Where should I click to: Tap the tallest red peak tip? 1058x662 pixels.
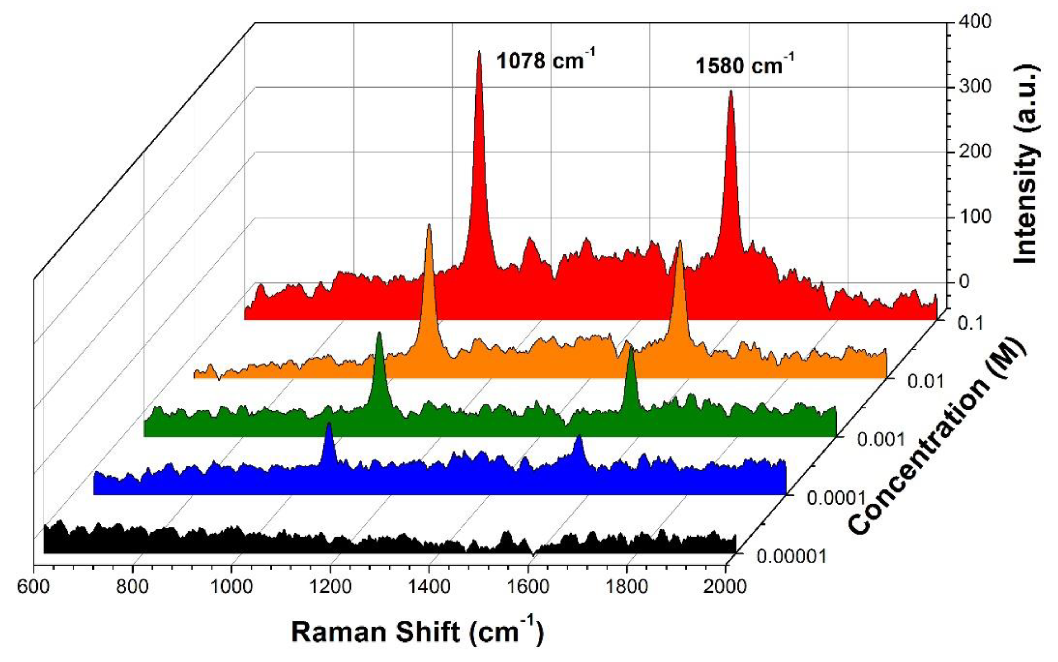pos(479,52)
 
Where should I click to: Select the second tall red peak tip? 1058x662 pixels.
pos(730,91)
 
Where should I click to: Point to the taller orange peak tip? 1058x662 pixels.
pos(429,225)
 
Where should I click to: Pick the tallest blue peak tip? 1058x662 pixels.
pos(329,424)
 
